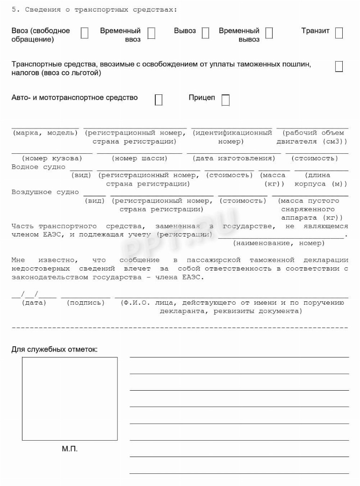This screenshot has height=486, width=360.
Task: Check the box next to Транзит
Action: point(339,33)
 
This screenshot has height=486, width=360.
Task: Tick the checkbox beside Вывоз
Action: point(205,33)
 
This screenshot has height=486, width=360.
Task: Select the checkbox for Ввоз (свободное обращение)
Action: point(85,33)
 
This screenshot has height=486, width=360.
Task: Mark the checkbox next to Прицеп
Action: point(225,100)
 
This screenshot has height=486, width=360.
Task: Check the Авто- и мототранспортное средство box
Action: point(158,100)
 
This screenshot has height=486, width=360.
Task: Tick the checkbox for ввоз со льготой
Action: point(339,66)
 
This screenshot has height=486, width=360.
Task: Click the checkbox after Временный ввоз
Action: point(151,33)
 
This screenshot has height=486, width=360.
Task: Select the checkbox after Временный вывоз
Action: point(269,33)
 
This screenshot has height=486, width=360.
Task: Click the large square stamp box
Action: point(70,399)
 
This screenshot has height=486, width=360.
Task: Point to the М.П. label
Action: point(70,449)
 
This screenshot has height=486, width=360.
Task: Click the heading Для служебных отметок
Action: point(55,349)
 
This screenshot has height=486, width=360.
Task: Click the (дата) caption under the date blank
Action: point(34,303)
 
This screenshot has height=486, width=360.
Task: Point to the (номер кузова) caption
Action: point(50,158)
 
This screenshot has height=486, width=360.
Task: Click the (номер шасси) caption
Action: point(140,158)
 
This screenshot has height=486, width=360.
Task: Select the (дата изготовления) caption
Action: point(234,158)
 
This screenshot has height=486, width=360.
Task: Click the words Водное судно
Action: point(38,167)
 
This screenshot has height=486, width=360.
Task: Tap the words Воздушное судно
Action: point(45,192)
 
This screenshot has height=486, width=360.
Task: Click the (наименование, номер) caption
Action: point(278,243)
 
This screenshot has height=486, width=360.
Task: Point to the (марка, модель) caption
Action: point(45,133)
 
